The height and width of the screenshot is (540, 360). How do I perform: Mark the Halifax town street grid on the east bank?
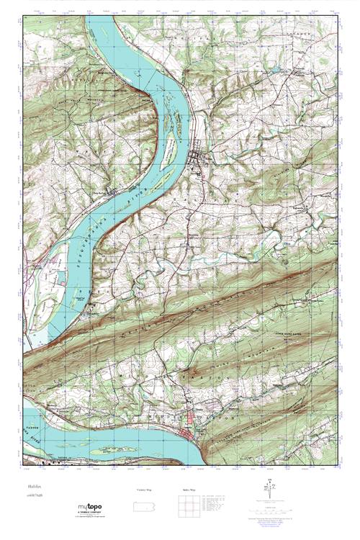(199, 160)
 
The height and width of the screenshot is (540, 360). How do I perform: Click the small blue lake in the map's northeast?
(274, 70)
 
